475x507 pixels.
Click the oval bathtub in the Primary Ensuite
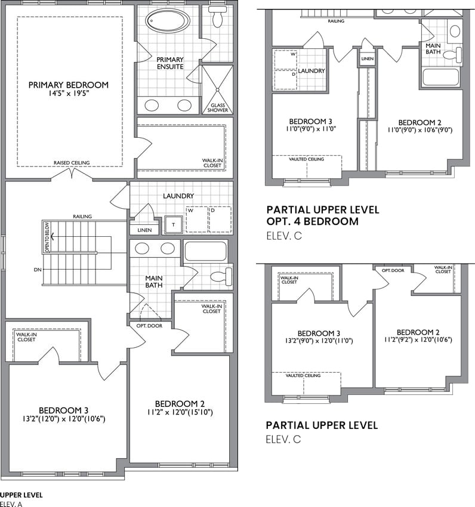point(168,20)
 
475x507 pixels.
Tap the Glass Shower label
point(217,108)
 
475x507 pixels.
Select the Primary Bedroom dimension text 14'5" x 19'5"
point(68,94)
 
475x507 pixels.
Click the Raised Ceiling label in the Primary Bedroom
point(72,163)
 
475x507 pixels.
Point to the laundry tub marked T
point(173,224)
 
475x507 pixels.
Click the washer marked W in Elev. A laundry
point(197,220)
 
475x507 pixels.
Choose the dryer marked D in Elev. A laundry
point(220,220)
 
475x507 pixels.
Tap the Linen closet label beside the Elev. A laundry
point(144,230)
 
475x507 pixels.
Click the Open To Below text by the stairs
point(47,237)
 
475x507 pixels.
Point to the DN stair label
point(38,270)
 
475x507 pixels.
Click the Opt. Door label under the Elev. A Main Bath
point(149,326)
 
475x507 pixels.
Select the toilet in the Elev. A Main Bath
point(221,276)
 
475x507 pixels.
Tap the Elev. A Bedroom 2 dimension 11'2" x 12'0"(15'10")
point(180,412)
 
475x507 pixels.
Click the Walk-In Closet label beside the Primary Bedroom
point(212,163)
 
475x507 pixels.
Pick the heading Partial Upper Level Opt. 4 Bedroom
point(323,216)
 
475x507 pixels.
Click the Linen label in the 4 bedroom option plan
point(367,59)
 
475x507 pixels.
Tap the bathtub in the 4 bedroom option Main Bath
point(441,77)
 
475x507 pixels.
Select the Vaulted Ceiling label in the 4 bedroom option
point(306,159)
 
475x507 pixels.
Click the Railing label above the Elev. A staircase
point(82,217)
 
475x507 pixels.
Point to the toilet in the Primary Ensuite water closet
point(217,17)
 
